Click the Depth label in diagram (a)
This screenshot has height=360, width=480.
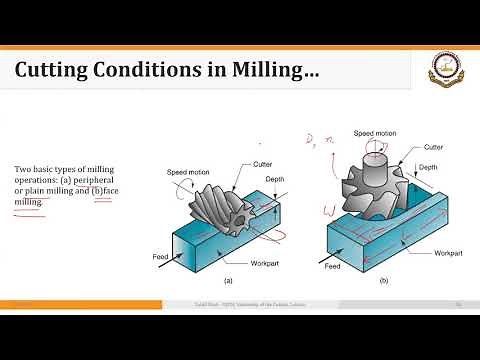pyautogui.click(x=275, y=180)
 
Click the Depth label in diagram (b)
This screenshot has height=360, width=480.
pyautogui.click(x=429, y=167)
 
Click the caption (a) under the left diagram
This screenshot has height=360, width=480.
pyautogui.click(x=227, y=282)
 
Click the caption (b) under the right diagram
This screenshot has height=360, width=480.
pyautogui.click(x=383, y=282)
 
